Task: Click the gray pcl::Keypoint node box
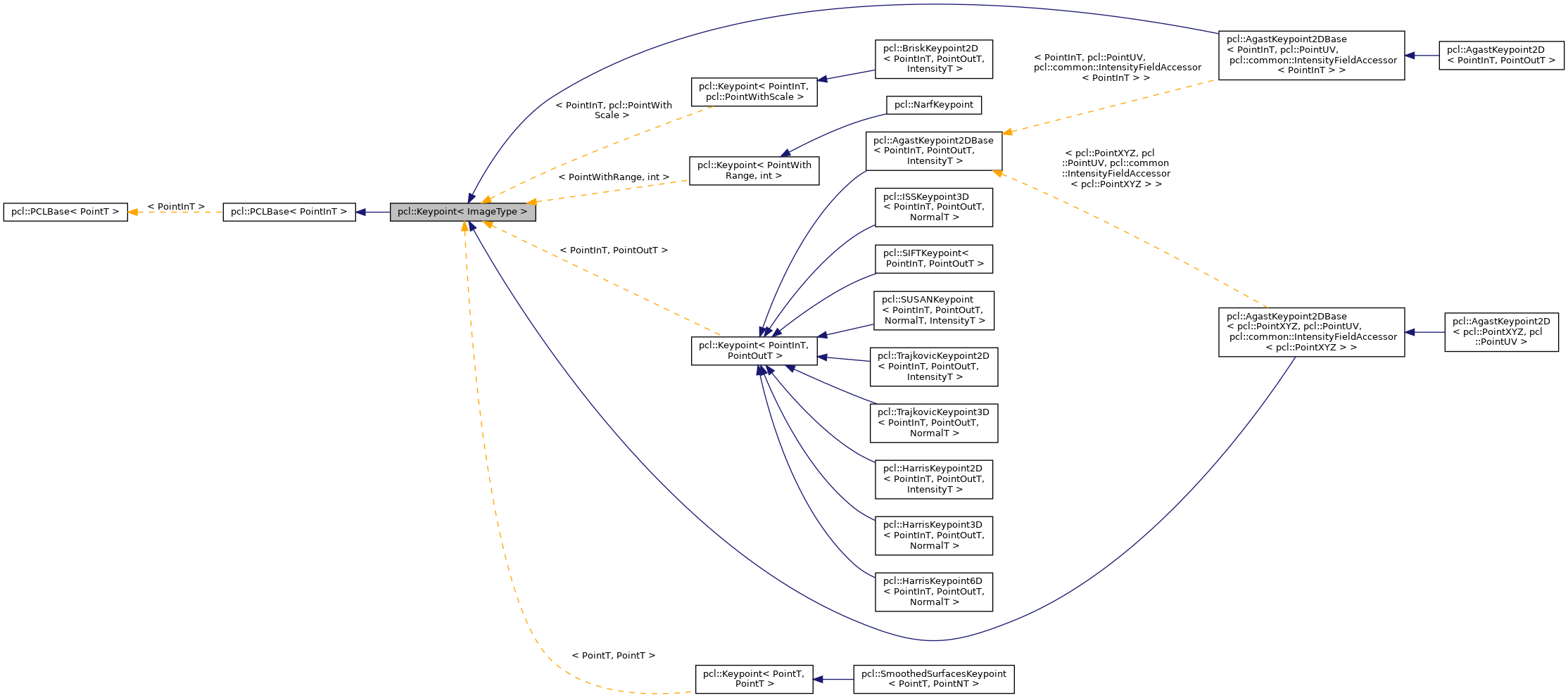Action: pos(462,212)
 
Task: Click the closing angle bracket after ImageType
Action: pos(524,212)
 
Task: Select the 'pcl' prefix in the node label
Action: pos(403,212)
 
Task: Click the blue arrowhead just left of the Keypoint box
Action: pos(360,212)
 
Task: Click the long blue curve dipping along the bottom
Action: pos(932,640)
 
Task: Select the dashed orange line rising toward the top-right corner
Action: pos(1108,106)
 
